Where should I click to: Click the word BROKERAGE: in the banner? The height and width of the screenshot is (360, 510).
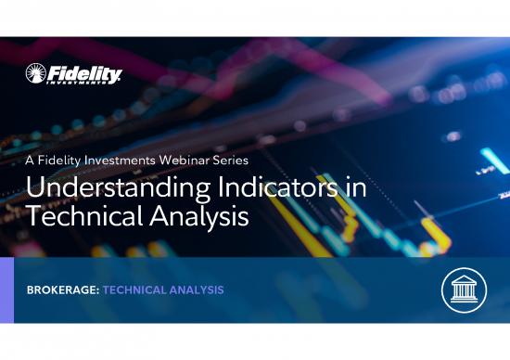tap(63, 290)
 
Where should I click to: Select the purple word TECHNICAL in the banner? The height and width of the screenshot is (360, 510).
tap(134, 290)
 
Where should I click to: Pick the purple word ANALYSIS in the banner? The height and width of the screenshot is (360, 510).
tap(195, 290)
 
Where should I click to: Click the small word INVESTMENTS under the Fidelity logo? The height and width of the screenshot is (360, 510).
tap(89, 83)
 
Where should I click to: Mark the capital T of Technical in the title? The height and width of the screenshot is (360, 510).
tap(34, 216)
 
